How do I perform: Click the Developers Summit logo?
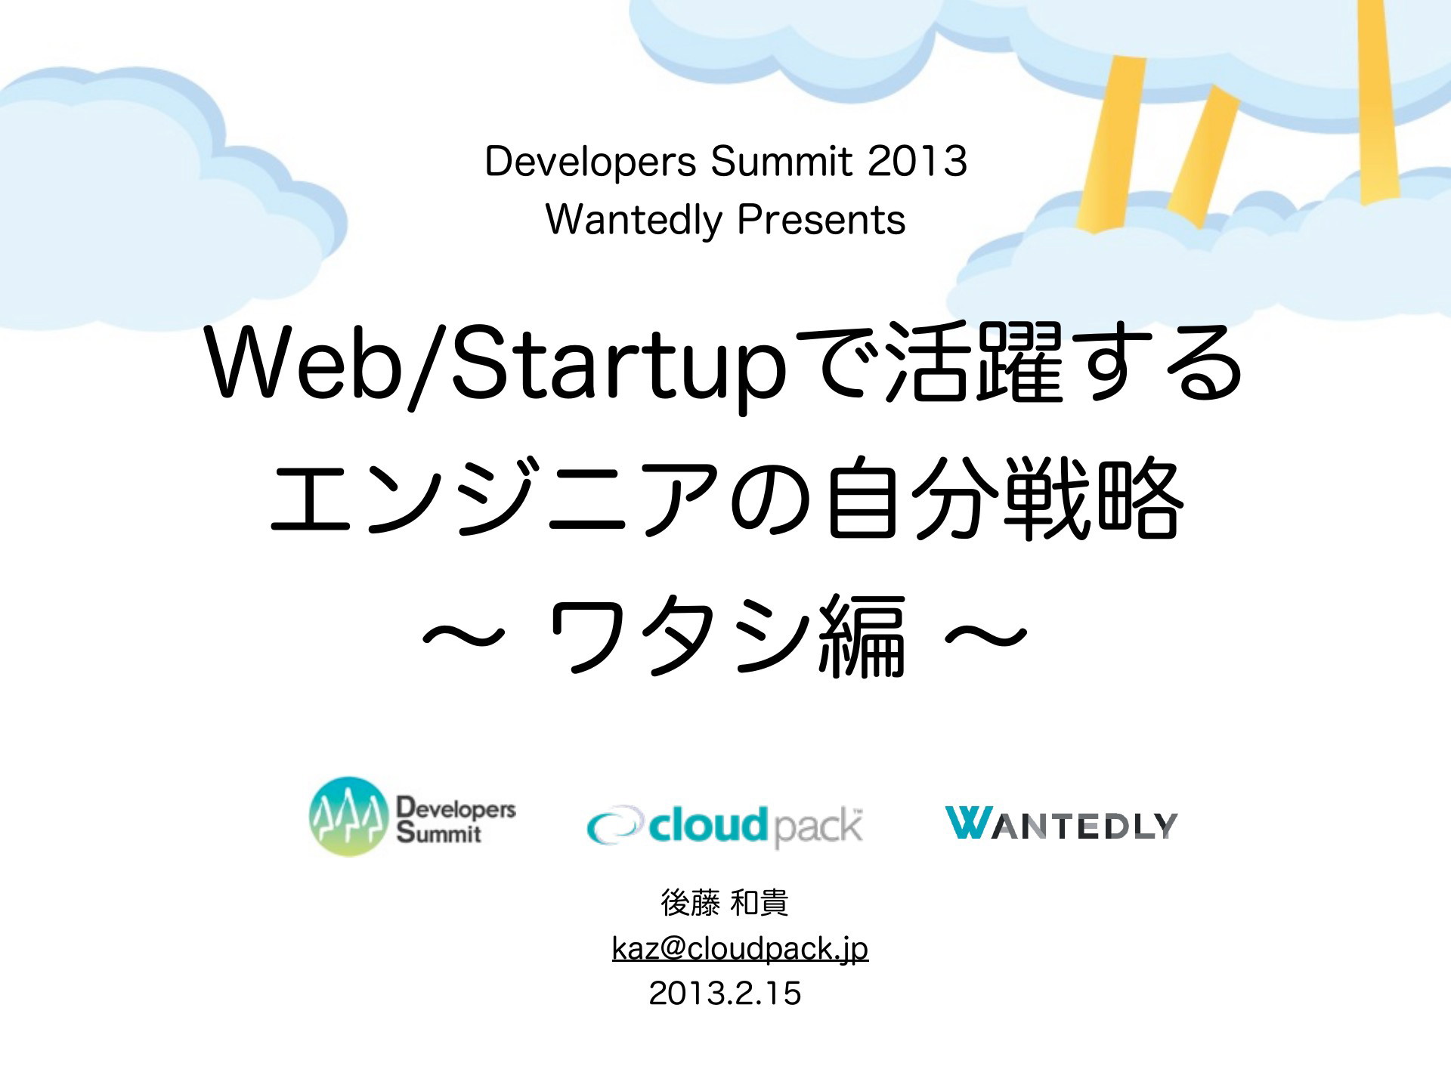click(413, 816)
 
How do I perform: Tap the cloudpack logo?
click(725, 824)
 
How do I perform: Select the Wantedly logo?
click(1061, 824)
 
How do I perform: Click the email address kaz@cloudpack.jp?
click(740, 949)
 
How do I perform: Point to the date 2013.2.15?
click(725, 993)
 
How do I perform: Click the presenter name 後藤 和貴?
click(725, 903)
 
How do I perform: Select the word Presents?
click(821, 220)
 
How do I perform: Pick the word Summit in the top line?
click(781, 161)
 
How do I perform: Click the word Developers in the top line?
click(590, 162)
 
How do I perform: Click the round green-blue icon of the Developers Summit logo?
click(348, 816)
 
